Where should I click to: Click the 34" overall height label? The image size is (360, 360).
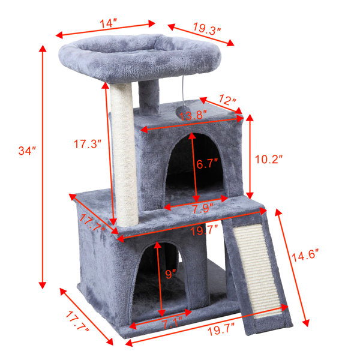click(x=27, y=151)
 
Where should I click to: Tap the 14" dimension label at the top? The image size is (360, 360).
click(x=108, y=23)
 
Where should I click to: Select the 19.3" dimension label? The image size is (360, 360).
click(x=207, y=28)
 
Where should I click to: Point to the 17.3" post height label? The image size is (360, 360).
click(x=88, y=144)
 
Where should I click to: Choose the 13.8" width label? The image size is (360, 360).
click(x=193, y=115)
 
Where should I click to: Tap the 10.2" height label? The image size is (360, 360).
click(x=269, y=160)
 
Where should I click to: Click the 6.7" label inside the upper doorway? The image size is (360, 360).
click(x=207, y=164)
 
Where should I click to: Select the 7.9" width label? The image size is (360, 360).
click(x=203, y=208)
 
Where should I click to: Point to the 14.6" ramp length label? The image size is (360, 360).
click(x=305, y=255)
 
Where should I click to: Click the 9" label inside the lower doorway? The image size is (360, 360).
click(x=170, y=274)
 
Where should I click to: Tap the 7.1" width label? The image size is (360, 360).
click(x=172, y=323)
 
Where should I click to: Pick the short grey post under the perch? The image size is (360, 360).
click(x=149, y=98)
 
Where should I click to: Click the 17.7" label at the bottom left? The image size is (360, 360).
click(x=77, y=321)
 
